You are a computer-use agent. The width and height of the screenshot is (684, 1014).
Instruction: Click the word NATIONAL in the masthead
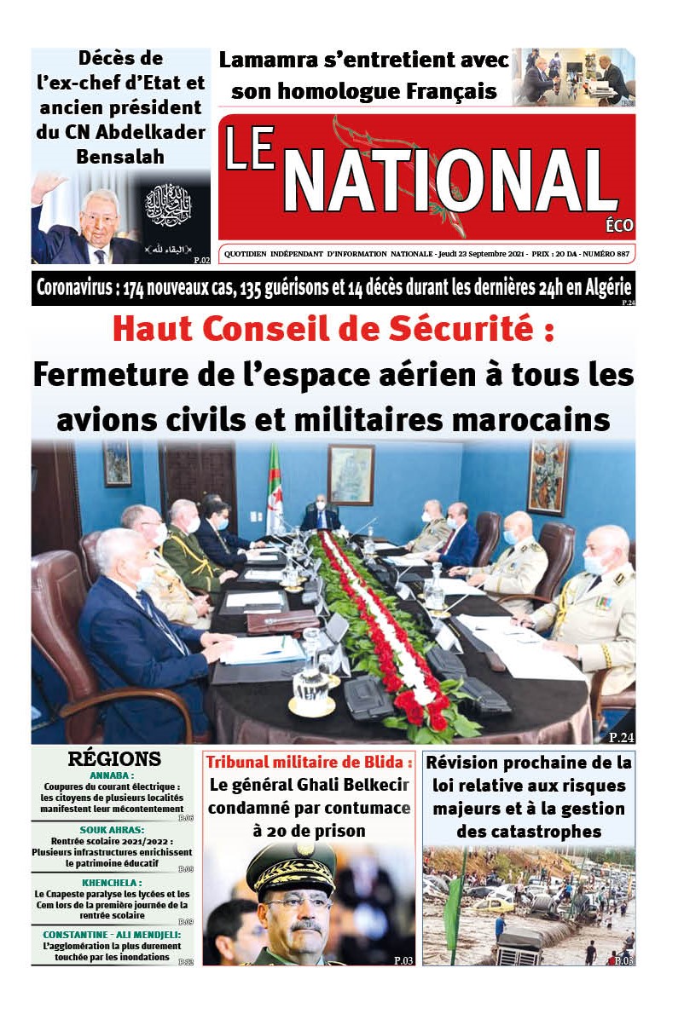click(x=450, y=182)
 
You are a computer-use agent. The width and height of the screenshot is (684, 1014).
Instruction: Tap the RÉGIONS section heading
click(x=114, y=759)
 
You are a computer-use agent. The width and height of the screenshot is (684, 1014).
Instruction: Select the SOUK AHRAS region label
click(x=112, y=828)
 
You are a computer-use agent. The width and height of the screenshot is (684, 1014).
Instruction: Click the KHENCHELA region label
click(x=112, y=882)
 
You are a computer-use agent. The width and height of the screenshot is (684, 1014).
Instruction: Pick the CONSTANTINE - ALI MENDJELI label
click(x=112, y=935)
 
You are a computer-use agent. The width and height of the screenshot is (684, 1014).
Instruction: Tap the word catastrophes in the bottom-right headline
click(x=528, y=831)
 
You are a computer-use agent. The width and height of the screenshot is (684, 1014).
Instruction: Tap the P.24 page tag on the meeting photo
click(x=621, y=737)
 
